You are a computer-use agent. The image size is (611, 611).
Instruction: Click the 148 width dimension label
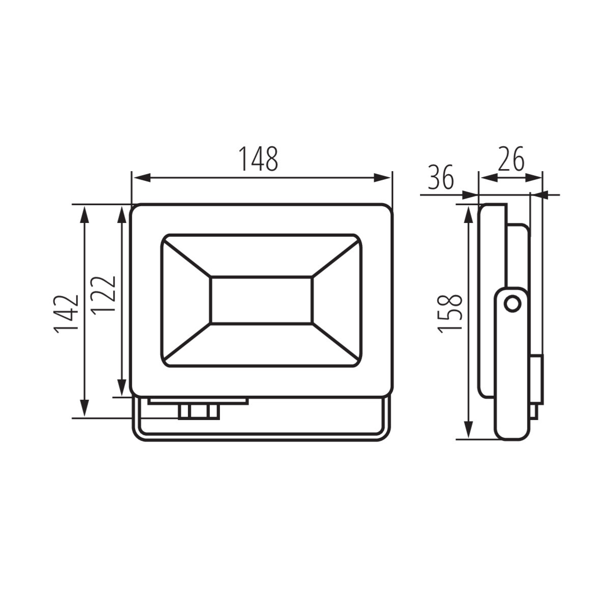[258, 158]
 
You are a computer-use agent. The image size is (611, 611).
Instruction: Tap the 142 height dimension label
[66, 314]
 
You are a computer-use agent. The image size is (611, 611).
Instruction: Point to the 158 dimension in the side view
[450, 314]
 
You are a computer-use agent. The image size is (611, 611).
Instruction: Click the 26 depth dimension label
[511, 158]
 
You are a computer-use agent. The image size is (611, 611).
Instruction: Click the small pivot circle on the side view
[512, 304]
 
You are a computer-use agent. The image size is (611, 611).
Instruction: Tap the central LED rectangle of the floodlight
[262, 300]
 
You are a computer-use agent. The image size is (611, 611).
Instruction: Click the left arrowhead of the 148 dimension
[141, 178]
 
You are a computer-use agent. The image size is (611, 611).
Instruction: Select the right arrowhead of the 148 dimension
[382, 178]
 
